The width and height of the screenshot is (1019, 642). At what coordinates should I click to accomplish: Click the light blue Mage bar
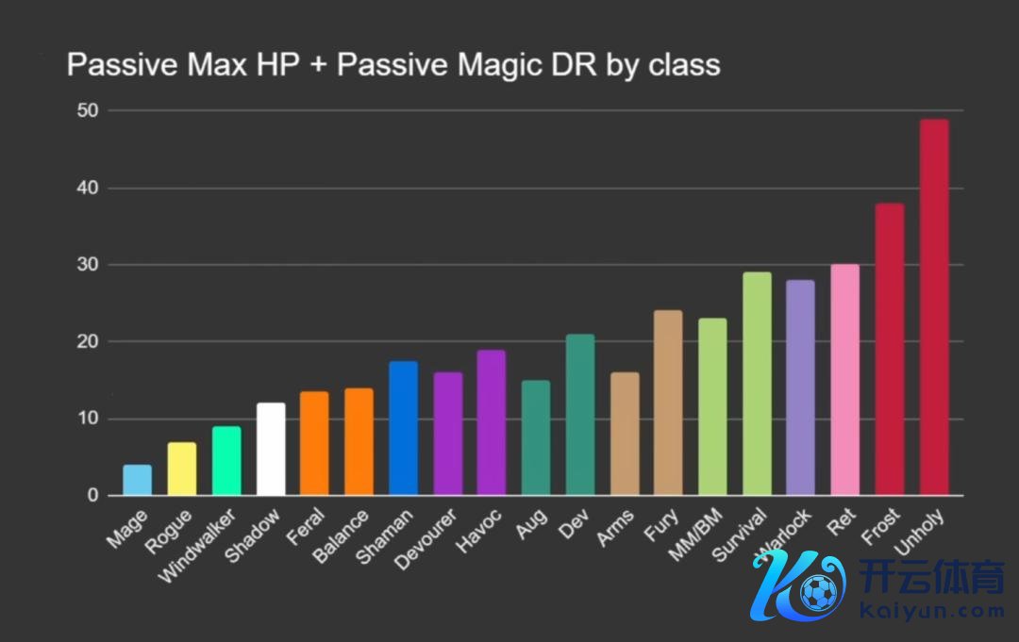click(137, 480)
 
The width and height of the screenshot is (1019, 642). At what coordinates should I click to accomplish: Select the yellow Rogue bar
click(181, 469)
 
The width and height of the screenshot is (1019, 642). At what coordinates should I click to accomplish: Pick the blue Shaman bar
click(404, 428)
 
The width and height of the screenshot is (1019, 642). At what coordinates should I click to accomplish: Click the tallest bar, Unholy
click(934, 307)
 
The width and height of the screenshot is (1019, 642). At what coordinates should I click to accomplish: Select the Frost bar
click(890, 349)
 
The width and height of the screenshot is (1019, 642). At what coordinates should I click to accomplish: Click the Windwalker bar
click(226, 461)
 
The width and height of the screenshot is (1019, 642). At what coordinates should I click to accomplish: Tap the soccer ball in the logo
click(818, 592)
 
